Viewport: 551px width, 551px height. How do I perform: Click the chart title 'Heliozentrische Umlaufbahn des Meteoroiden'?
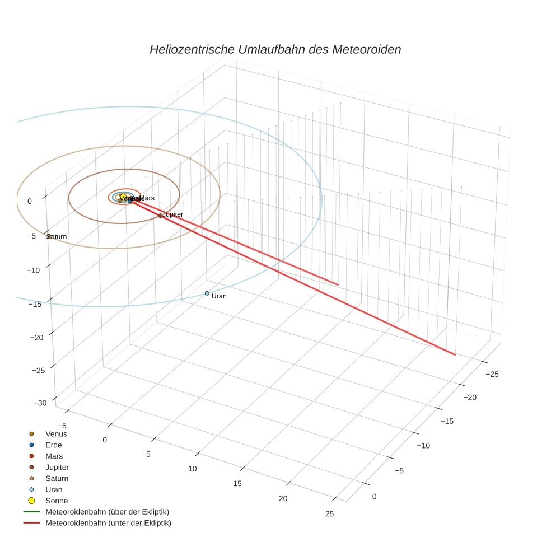tap(275, 49)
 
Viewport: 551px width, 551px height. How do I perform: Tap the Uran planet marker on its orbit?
tap(207, 293)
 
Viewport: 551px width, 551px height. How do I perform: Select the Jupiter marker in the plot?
tap(160, 215)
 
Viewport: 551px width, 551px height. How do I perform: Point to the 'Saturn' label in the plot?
tap(57, 236)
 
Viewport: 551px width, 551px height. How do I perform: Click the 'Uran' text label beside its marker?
tap(219, 296)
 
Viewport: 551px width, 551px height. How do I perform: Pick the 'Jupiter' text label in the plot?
tap(172, 214)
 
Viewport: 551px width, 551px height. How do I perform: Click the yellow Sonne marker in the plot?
tap(123, 197)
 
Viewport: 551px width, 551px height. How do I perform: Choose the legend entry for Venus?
tap(56, 433)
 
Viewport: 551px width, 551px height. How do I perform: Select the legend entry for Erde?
tap(54, 445)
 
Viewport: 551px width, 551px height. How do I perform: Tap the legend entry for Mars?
tap(54, 456)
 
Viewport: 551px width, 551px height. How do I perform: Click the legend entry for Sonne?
tap(57, 501)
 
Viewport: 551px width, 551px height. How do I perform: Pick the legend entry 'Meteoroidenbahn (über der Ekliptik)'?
tap(107, 512)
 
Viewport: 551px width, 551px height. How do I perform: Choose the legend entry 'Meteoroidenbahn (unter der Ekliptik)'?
tap(108, 523)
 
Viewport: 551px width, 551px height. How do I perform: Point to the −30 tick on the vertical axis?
tap(40, 403)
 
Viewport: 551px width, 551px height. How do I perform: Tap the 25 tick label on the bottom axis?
tap(329, 514)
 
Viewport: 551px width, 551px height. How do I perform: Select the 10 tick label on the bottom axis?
tap(193, 468)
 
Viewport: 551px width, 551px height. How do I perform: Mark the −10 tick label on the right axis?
tap(423, 445)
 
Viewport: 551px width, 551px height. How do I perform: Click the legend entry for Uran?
tap(54, 489)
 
